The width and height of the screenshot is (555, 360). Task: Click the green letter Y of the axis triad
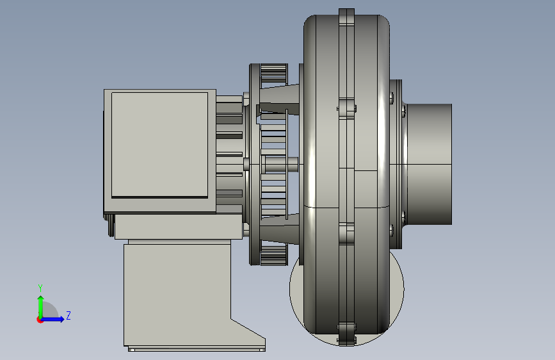point(40,288)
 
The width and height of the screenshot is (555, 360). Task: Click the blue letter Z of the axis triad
point(68,315)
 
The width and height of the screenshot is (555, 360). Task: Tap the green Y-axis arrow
point(41,307)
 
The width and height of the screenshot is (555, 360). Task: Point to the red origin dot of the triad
point(40,320)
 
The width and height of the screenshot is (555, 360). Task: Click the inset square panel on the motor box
point(159,145)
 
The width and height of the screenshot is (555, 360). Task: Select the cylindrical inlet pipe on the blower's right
point(430,164)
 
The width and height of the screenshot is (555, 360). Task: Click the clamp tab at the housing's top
point(346,17)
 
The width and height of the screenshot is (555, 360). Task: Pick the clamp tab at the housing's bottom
point(346,334)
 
